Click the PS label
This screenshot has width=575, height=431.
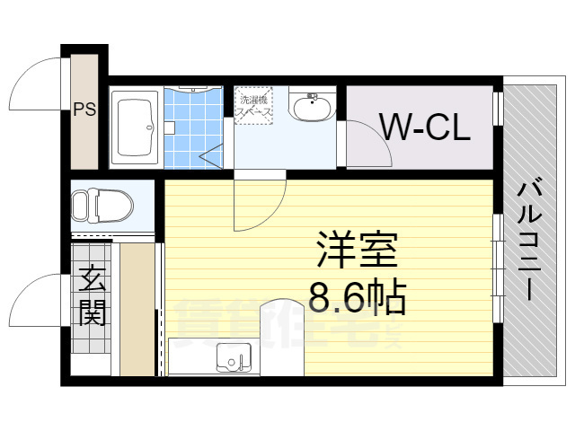coord(84,112)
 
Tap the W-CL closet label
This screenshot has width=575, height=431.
coord(424,128)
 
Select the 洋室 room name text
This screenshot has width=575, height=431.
coord(357,251)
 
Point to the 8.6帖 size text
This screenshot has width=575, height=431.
coord(358,296)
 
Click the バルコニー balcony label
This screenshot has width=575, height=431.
coord(530,240)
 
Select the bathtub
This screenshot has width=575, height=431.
coord(137,128)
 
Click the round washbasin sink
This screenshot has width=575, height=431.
coord(311,107)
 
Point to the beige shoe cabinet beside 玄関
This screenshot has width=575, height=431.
coord(137,310)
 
